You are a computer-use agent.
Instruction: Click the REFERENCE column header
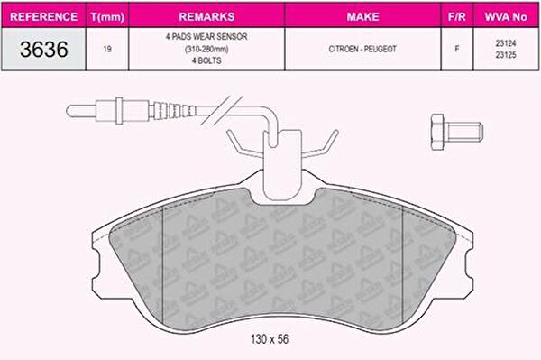(x=44, y=16)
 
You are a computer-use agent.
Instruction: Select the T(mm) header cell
(x=107, y=17)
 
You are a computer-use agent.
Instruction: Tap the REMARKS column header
(x=206, y=16)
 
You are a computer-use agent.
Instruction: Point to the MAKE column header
(x=362, y=16)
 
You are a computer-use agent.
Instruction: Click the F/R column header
(x=457, y=16)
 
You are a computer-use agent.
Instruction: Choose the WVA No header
(x=506, y=16)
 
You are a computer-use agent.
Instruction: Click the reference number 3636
(x=44, y=49)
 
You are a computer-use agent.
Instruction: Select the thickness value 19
(x=107, y=49)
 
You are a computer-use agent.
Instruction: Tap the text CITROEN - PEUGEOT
(x=362, y=49)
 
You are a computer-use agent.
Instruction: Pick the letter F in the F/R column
(x=457, y=49)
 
